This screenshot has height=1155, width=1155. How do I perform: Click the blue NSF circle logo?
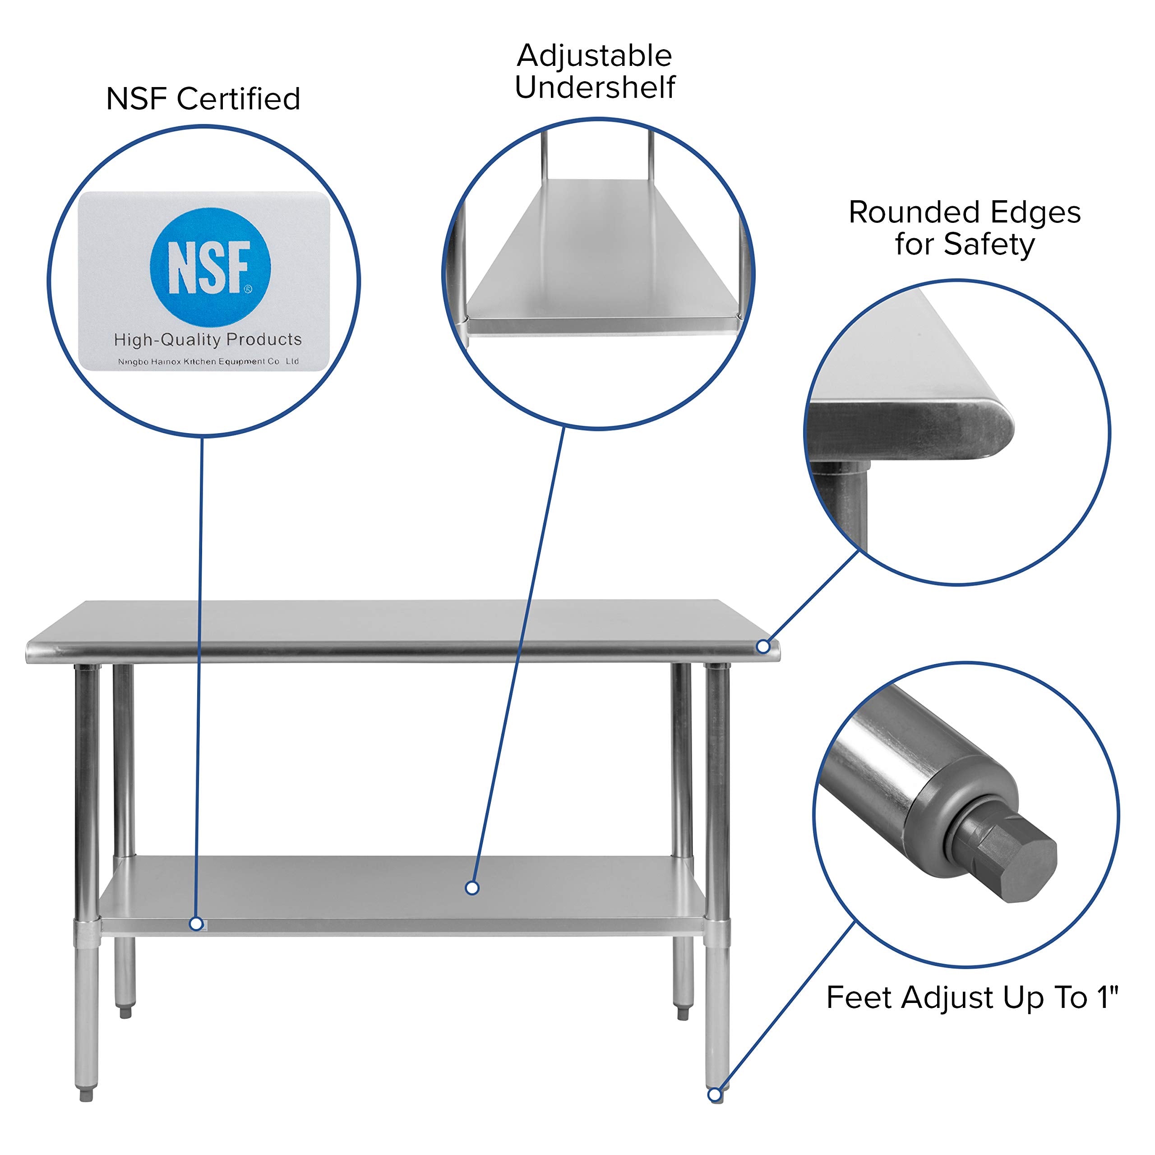[x=210, y=267]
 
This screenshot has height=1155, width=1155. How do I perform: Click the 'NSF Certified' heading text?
[x=203, y=99]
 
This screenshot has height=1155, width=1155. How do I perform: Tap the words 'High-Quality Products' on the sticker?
[x=208, y=340]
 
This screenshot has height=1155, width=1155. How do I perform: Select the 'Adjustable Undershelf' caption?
[x=595, y=71]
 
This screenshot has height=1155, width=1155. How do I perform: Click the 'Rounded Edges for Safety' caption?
[x=964, y=228]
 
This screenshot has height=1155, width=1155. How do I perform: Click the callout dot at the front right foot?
[x=714, y=1095]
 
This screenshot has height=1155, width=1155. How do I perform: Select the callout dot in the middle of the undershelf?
[x=471, y=888]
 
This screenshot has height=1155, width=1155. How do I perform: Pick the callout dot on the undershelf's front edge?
[x=195, y=924]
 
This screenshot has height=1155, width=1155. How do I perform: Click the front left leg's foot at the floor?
[x=86, y=1094]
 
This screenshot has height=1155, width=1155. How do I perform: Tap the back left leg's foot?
[x=125, y=1012]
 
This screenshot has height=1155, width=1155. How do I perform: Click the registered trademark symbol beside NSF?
[x=248, y=289]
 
